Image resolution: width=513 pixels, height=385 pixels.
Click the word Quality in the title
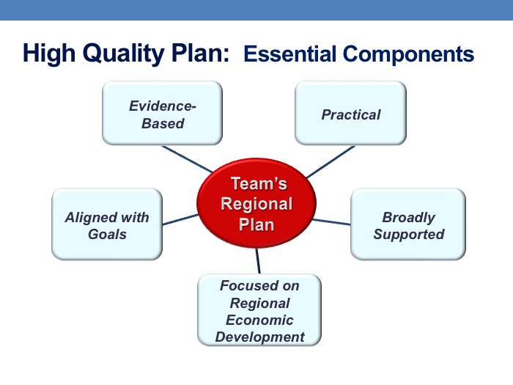(x=125, y=54)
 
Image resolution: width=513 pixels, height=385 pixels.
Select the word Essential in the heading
(x=290, y=54)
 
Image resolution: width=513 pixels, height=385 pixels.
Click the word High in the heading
(x=49, y=54)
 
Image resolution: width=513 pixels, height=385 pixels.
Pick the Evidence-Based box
(x=162, y=113)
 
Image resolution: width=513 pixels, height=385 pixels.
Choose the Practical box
(x=351, y=113)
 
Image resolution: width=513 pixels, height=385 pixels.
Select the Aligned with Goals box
(x=107, y=224)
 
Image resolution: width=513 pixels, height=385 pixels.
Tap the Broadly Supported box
(x=408, y=224)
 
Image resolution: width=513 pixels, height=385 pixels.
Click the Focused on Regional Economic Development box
(x=259, y=310)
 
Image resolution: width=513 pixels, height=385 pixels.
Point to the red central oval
(x=256, y=203)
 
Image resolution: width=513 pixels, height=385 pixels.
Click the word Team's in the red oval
(x=259, y=183)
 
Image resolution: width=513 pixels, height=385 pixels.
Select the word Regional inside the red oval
(x=256, y=204)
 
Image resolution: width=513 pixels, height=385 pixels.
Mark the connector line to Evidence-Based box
(x=187, y=159)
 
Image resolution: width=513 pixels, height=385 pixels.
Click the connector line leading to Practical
(x=331, y=162)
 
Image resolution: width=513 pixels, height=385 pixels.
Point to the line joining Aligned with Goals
(x=180, y=220)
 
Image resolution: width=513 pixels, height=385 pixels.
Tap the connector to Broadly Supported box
(x=331, y=222)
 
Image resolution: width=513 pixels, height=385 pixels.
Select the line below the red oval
(x=258, y=261)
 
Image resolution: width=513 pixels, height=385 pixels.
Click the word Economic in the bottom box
(x=259, y=320)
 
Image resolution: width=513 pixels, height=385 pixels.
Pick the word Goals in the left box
(x=107, y=235)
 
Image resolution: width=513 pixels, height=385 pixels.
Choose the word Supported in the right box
(x=409, y=235)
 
